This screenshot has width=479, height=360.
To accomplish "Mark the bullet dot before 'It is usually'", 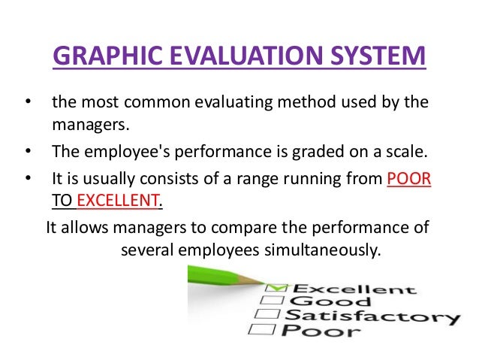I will pos(28,181).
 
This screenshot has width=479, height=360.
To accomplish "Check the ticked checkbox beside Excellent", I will pos(276,288).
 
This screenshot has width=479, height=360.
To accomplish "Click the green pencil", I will pos(225,279).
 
